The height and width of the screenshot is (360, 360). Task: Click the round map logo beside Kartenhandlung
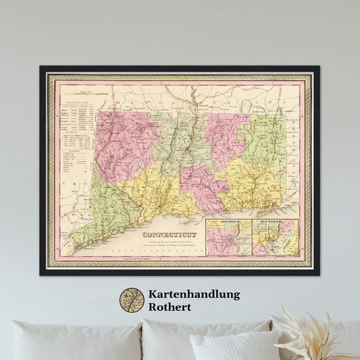coord(132,301)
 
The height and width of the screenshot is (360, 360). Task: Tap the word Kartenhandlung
coord(193,294)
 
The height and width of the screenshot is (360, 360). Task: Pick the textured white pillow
coord(233,346)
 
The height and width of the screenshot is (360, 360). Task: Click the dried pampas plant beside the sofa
coord(317,331)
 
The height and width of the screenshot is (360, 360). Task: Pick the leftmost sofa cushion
coord(74,341)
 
